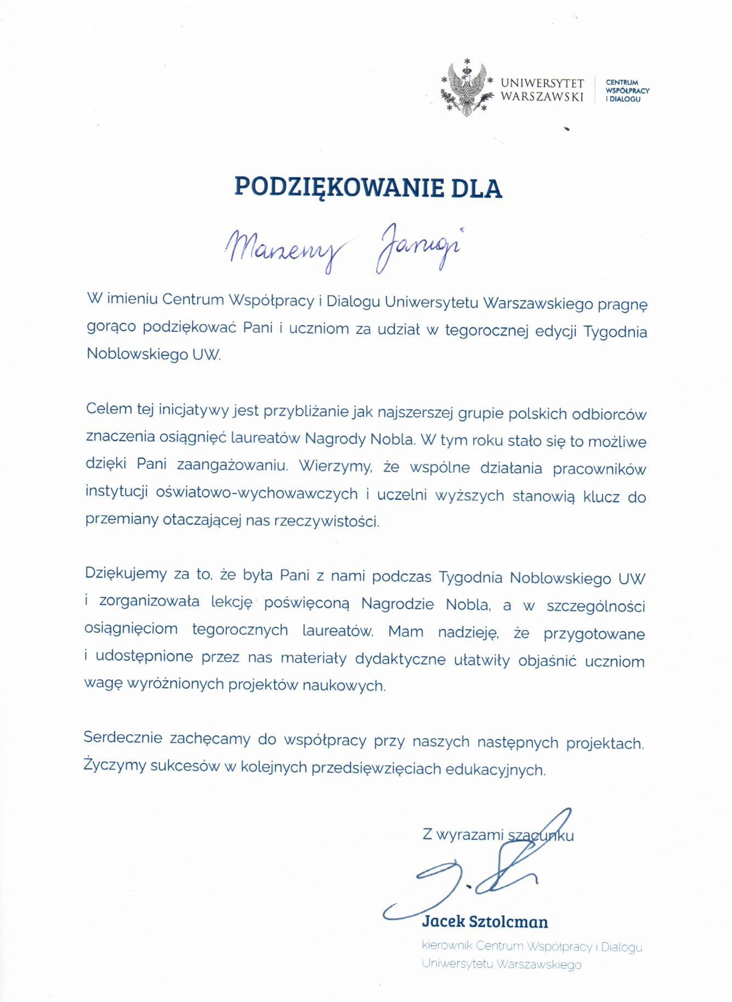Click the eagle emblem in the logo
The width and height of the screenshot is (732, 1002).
(466, 88)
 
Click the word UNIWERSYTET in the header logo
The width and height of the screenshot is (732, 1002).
(542, 83)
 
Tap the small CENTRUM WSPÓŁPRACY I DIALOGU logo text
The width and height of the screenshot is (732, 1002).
(627, 91)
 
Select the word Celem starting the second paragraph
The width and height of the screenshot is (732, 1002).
(109, 409)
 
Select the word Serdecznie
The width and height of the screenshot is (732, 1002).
(123, 738)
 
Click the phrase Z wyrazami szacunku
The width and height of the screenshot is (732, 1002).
(498, 835)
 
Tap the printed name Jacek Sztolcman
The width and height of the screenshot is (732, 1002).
(485, 921)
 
